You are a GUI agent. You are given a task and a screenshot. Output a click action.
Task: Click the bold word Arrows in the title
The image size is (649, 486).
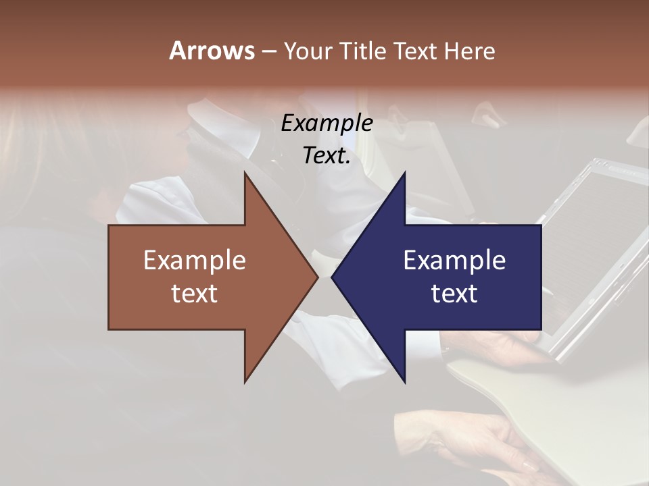coord(212,51)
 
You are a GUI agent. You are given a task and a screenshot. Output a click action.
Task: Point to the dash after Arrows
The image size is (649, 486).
coord(268,51)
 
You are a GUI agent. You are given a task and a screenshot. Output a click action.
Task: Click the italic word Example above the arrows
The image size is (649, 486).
coord(327,123)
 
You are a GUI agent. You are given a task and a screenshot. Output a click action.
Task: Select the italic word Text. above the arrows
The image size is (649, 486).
coord(327,155)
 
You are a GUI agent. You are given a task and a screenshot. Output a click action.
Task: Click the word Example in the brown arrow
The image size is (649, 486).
coord(194,260)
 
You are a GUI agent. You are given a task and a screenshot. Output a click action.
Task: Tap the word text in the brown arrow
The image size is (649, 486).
coord(194,293)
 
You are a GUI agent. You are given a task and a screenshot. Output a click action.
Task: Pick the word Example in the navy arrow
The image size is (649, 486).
coord(454,260)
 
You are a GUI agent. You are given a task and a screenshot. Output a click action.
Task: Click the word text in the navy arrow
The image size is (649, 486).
coord(454,293)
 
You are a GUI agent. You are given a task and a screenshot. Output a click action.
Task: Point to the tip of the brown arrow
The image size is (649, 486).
coord(317,277)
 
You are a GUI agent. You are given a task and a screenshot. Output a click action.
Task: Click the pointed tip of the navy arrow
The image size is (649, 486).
coord(333,277)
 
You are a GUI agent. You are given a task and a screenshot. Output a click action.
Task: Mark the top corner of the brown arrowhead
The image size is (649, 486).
coord(245,173)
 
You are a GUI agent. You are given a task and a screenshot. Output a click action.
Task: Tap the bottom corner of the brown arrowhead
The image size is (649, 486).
coord(245,382)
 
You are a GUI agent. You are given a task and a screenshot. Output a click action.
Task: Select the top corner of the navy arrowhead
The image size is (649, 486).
coord(404,173)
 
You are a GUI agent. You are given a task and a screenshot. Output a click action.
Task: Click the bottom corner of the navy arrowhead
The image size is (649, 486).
coord(404,382)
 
